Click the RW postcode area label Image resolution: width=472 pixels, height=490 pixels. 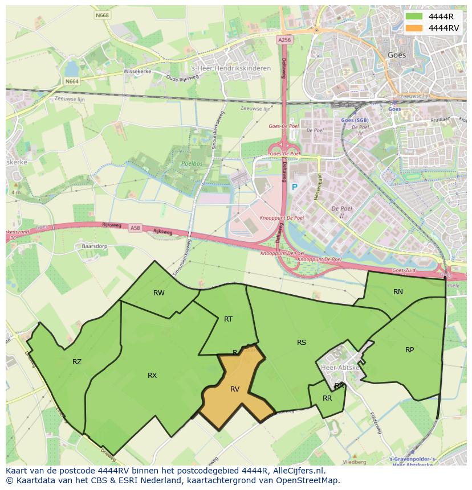point(159,293)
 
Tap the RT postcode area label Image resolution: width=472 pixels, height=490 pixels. point(228,319)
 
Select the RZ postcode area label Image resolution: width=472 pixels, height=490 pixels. point(77,362)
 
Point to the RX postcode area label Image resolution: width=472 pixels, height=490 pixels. point(152,376)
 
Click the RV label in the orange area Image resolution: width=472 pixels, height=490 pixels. point(235,389)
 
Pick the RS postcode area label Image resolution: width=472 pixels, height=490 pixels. point(302,343)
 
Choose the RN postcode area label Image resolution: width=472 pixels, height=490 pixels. point(398,292)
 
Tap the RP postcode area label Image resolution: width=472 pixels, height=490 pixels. point(409,350)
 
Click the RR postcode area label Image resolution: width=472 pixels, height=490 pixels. point(327,398)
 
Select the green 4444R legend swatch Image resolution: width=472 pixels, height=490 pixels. point(414,17)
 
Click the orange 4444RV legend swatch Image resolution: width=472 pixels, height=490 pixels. point(414,28)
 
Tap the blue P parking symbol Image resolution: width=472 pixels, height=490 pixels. point(295,187)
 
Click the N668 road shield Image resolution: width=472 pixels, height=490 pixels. point(103,15)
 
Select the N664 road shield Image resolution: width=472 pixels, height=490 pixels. point(72,81)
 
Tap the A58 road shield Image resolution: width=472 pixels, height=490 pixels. point(135,228)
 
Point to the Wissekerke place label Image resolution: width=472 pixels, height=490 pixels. point(136,72)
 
